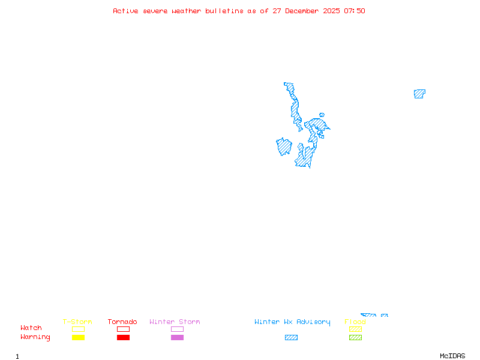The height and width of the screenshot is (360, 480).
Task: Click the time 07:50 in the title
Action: click(x=355, y=11)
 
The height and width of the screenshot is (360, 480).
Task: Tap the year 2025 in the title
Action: click(x=331, y=11)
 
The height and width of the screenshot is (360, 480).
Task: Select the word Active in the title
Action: click(x=125, y=11)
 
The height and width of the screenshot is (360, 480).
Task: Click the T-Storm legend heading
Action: click(x=77, y=322)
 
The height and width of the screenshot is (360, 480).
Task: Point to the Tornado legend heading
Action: click(x=122, y=322)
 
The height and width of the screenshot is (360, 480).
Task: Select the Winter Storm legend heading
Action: click(x=175, y=322)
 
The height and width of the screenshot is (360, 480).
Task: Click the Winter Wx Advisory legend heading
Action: click(x=292, y=322)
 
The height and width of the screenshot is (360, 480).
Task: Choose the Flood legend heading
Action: click(x=355, y=322)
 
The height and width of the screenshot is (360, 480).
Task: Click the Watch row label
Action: click(x=31, y=328)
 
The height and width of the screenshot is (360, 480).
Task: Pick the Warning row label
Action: click(x=35, y=337)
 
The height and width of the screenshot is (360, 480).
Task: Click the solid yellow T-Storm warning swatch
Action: click(x=78, y=338)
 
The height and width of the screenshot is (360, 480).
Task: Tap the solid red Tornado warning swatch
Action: click(x=123, y=338)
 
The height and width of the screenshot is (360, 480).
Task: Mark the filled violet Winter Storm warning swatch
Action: click(x=177, y=338)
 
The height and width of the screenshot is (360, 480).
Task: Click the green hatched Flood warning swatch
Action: click(x=355, y=338)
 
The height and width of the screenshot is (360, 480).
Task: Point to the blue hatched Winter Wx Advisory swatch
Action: click(x=291, y=338)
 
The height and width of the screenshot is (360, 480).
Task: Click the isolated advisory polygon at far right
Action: click(x=419, y=94)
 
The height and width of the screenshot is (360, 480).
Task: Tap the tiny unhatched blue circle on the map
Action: click(x=322, y=115)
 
